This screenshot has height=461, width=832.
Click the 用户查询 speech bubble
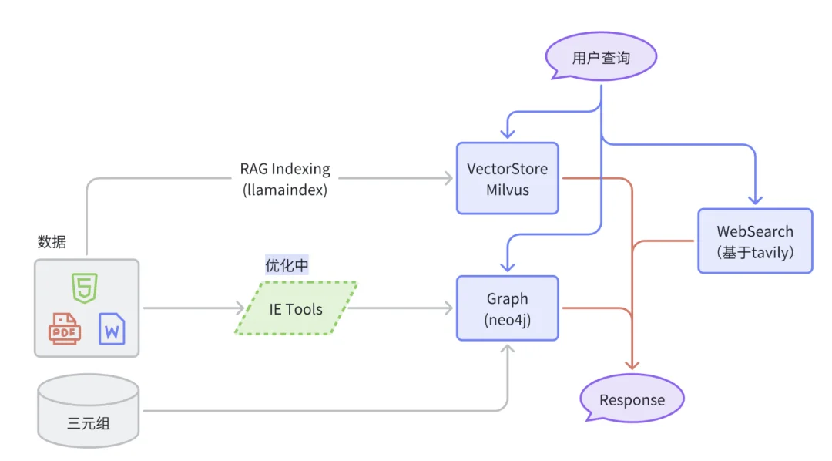tap(601, 58)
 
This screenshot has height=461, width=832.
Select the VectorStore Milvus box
tap(507, 178)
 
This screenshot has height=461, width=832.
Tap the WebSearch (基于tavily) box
tap(755, 241)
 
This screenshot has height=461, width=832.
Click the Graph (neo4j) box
tap(507, 308)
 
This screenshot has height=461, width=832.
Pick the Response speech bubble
tap(632, 399)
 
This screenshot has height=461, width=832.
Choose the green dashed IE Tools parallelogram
tap(296, 308)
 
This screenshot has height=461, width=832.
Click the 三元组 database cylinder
tap(88, 410)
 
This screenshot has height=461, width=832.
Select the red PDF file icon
tap(65, 328)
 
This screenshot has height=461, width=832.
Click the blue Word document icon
tap(112, 329)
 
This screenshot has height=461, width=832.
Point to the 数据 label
tap(52, 241)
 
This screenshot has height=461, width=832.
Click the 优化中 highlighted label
tap(287, 265)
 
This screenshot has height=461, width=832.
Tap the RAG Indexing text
tap(285, 168)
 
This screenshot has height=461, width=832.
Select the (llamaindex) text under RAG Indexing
tap(285, 190)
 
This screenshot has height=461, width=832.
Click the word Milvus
tap(507, 189)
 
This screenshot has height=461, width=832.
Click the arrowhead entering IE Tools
tap(239, 308)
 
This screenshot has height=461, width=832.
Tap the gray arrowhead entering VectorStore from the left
tap(449, 179)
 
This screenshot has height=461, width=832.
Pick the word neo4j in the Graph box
tap(508, 319)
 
